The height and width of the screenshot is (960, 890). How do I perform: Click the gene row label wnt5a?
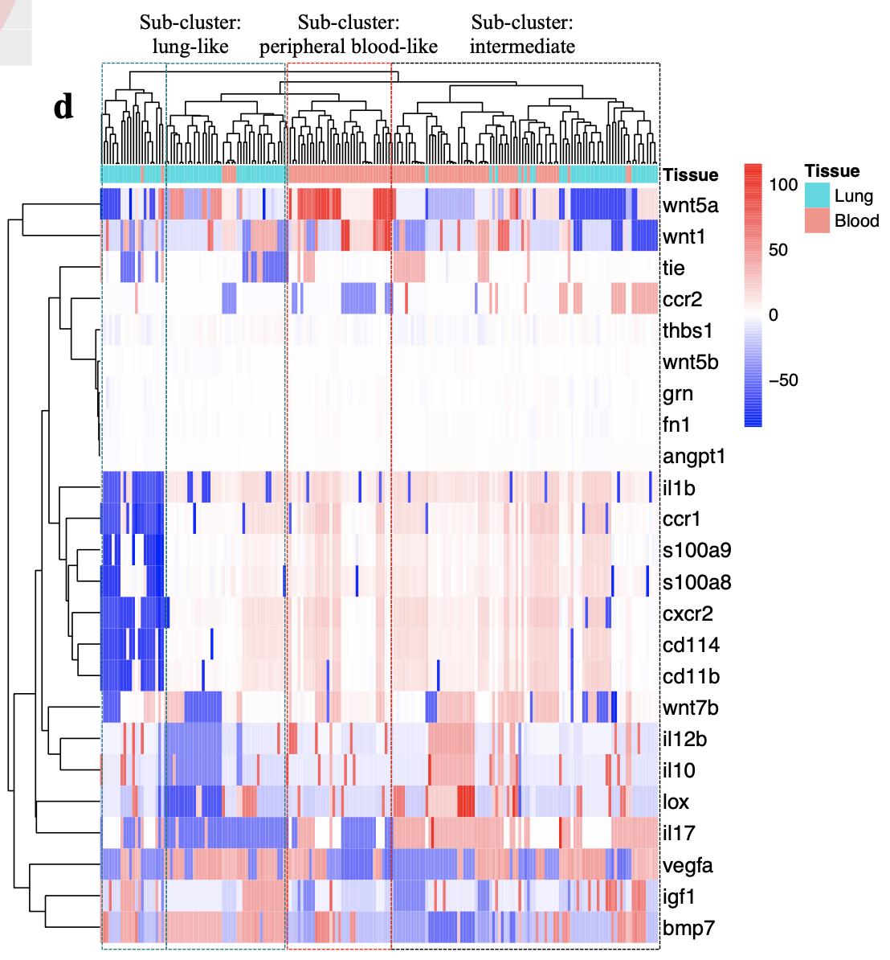coord(690,205)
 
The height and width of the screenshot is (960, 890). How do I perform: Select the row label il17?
coord(679,834)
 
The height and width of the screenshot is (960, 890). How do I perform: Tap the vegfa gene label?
coord(688,865)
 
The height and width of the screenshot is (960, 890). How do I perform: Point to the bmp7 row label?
coord(688,929)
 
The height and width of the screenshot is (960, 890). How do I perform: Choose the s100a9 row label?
coord(696,551)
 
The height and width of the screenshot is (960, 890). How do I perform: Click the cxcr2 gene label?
coord(688,613)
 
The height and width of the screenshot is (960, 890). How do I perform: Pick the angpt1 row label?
coord(694,457)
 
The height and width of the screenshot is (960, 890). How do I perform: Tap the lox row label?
coord(676,802)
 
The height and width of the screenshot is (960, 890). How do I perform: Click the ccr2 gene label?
coord(682,299)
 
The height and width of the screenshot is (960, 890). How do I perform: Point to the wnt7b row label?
coord(690,708)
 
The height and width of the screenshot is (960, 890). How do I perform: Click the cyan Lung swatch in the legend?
coord(817,195)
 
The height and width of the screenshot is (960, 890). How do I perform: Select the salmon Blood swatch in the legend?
coord(817,221)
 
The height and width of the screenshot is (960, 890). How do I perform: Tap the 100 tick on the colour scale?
coord(783,185)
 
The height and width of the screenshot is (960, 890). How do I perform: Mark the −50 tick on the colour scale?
coord(783,380)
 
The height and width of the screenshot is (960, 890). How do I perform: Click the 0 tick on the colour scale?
coord(773,314)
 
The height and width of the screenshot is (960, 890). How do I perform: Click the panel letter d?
coord(63,107)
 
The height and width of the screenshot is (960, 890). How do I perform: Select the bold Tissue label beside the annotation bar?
coord(691,174)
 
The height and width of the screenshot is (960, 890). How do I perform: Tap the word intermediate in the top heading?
coord(522,47)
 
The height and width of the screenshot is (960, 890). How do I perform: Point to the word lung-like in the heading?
coord(190,47)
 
